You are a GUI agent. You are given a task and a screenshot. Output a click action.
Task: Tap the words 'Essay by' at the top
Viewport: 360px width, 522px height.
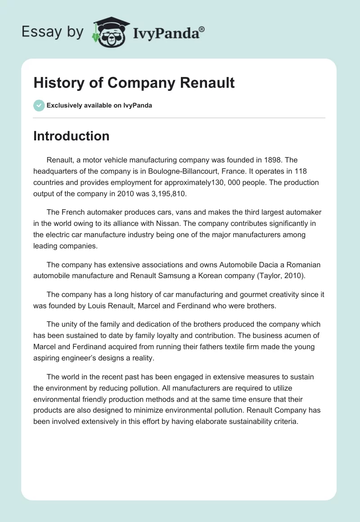click(52, 32)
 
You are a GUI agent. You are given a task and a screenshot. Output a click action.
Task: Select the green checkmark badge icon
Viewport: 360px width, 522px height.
click(39, 105)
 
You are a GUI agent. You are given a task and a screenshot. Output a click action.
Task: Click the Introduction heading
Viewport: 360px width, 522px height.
click(71, 136)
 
